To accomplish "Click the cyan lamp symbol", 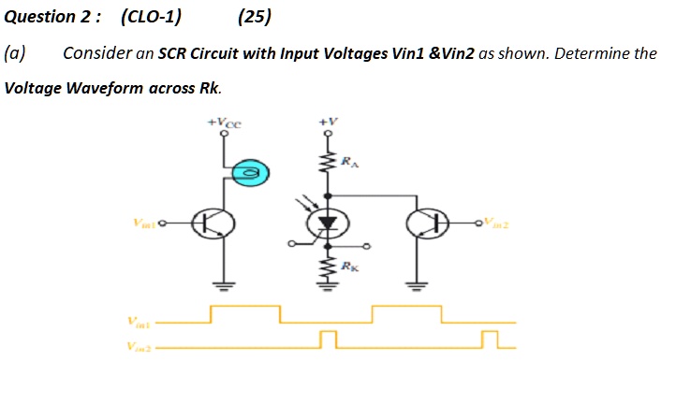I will pos(248,172).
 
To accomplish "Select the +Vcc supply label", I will pos(225,121).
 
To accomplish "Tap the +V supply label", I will pos(326,122).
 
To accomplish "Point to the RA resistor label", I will pos(349,163).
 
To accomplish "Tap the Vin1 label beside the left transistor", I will pos(144,224).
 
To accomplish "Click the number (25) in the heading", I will pos(255,16).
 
